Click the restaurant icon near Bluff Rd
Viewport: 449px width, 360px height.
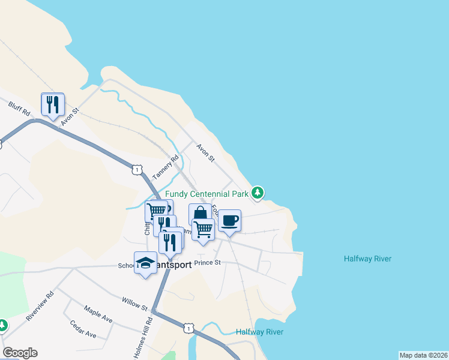pos(53,104)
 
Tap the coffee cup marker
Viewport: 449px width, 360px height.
pos(229,221)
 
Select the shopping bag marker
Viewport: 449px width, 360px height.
pos(200,214)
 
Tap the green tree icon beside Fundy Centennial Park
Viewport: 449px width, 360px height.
pos(258,193)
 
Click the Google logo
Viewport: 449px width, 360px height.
pos(20,353)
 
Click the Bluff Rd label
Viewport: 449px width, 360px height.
pos(19,112)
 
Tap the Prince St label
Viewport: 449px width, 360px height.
pos(208,262)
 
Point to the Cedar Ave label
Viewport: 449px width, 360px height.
pos(83,330)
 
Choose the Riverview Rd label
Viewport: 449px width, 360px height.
pos(41,305)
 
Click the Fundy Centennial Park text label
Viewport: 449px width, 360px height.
pos(206,194)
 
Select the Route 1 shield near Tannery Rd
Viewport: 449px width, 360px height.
pos(137,170)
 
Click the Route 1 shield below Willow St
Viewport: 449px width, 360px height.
pos(189,328)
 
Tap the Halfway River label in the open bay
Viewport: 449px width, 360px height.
pos(367,259)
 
